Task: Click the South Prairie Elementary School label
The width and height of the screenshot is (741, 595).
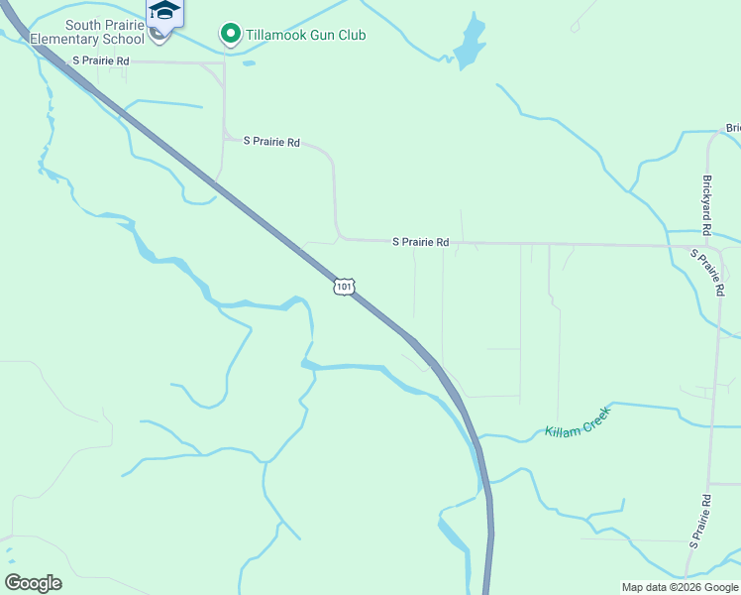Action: (x=87, y=32)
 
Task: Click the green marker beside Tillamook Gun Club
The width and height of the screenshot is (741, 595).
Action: (x=230, y=36)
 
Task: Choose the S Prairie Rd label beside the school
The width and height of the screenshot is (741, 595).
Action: (x=101, y=61)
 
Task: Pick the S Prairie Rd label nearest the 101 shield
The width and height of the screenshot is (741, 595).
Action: (x=420, y=242)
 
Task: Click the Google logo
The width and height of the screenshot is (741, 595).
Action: (x=33, y=582)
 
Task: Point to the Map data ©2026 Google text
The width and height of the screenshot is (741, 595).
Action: (x=680, y=587)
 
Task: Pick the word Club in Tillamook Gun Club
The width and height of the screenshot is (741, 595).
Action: (x=352, y=36)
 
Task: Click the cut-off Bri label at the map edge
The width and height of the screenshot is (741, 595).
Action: (x=733, y=128)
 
